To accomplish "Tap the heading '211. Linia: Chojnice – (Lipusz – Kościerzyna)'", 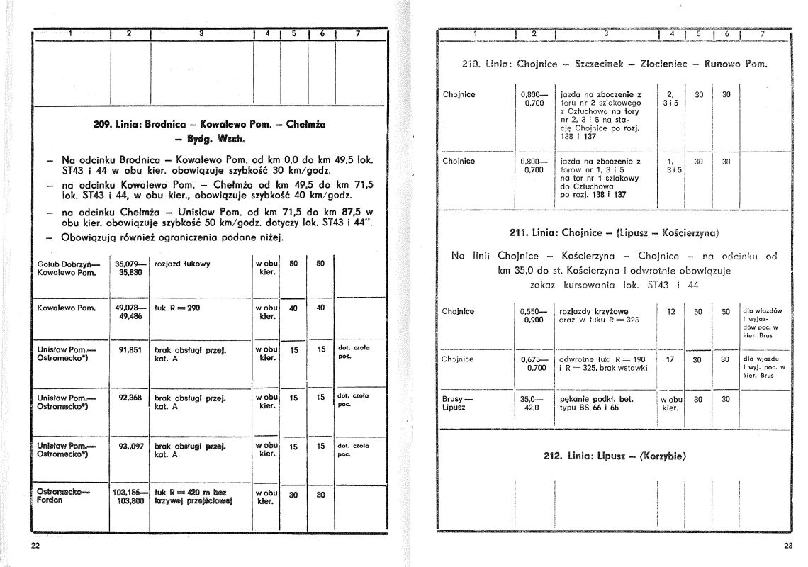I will [x=615, y=232].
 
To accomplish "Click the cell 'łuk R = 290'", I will [x=177, y=308].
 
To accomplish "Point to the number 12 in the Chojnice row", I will [x=670, y=311].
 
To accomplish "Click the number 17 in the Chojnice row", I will [x=670, y=359].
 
